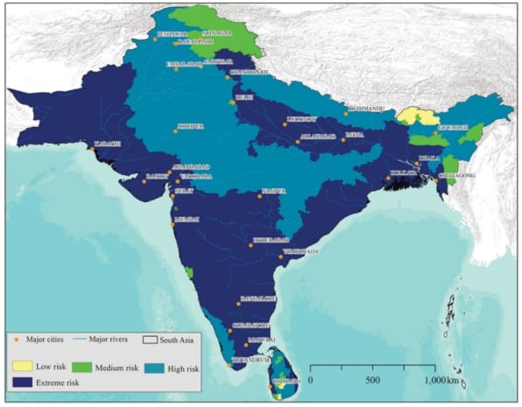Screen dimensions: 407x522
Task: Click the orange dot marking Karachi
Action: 91,149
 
